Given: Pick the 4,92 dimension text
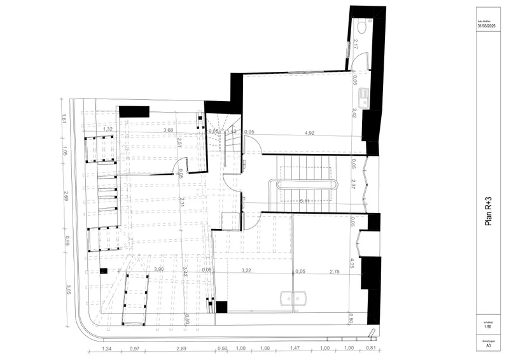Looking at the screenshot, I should [310, 133].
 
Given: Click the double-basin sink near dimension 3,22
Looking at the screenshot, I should [293, 297].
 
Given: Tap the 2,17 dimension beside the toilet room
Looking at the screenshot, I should [355, 45].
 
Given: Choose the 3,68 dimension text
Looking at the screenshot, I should [168, 130].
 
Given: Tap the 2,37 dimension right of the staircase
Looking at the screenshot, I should [353, 184].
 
